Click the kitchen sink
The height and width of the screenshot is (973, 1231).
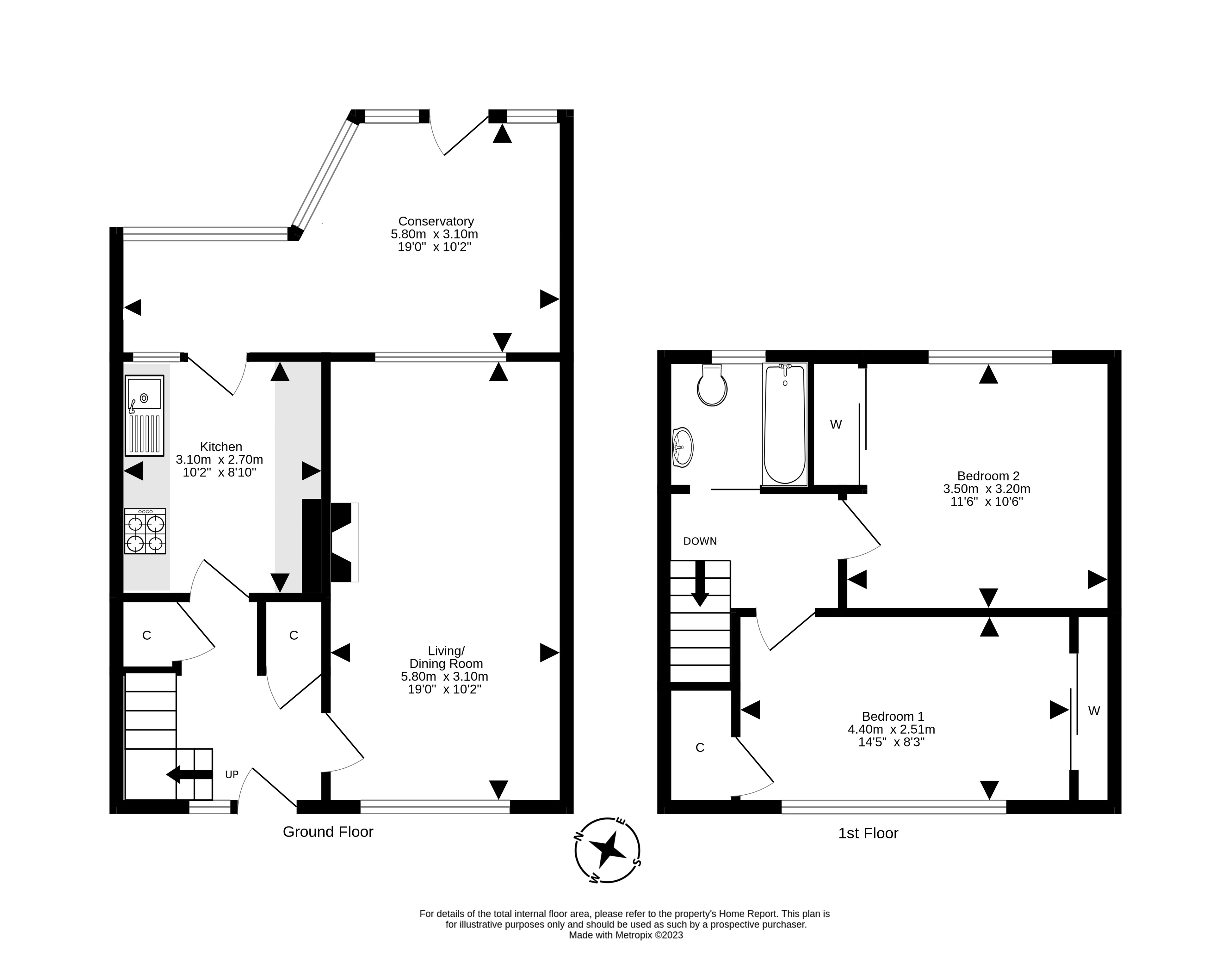pyautogui.click(x=144, y=415)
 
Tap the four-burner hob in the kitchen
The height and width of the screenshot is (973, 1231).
pyautogui.click(x=145, y=531)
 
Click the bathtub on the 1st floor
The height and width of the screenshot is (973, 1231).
pyautogui.click(x=785, y=424)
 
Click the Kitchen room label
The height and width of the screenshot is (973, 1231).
pyautogui.click(x=221, y=446)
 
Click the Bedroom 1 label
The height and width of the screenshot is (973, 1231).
pyautogui.click(x=893, y=716)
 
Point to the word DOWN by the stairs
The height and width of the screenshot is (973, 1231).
pyautogui.click(x=700, y=541)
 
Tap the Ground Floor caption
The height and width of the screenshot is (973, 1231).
pyautogui.click(x=328, y=832)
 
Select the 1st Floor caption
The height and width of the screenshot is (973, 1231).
pyautogui.click(x=868, y=834)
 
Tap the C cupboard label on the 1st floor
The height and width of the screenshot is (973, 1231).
pyautogui.click(x=700, y=748)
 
